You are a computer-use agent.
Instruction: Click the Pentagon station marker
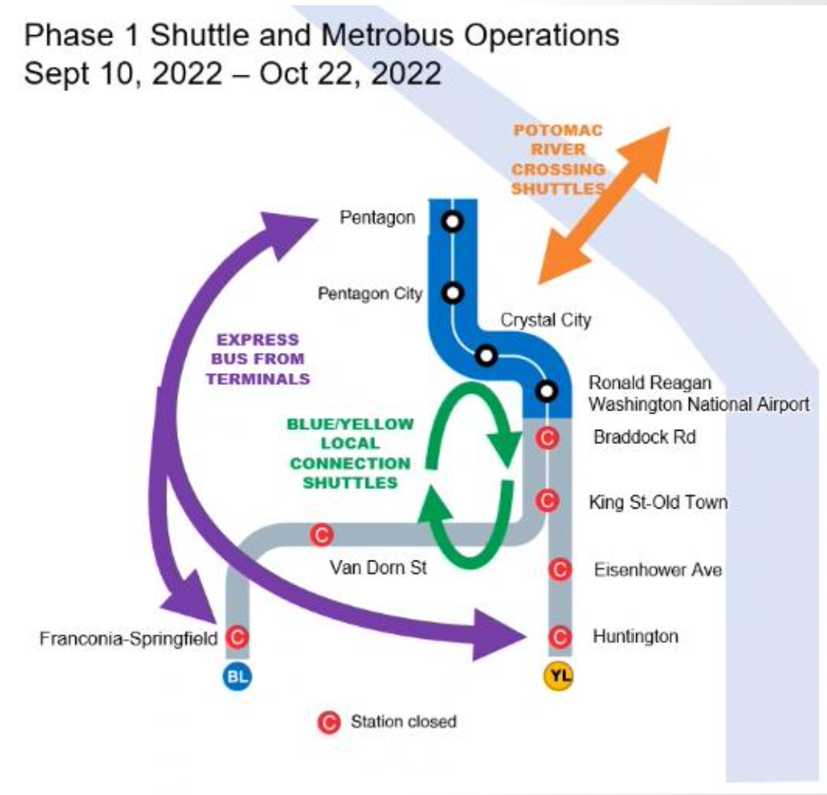tap(452, 222)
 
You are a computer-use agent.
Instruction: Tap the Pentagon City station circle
tap(452, 293)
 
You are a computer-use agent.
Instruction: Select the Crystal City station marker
tap(487, 356)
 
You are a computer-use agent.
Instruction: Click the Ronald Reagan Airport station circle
tap(547, 390)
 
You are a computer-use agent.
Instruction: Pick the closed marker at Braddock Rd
tap(548, 437)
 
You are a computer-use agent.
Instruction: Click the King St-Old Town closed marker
tap(548, 499)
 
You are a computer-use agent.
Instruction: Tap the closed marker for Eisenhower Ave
tap(559, 570)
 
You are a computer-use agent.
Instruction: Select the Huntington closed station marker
tap(559, 637)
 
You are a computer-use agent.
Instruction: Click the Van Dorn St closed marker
tap(321, 534)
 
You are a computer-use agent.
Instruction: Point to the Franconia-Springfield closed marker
tap(236, 637)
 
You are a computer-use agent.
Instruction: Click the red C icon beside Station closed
tap(328, 722)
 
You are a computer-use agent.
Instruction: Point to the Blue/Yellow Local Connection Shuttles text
tap(349, 453)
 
